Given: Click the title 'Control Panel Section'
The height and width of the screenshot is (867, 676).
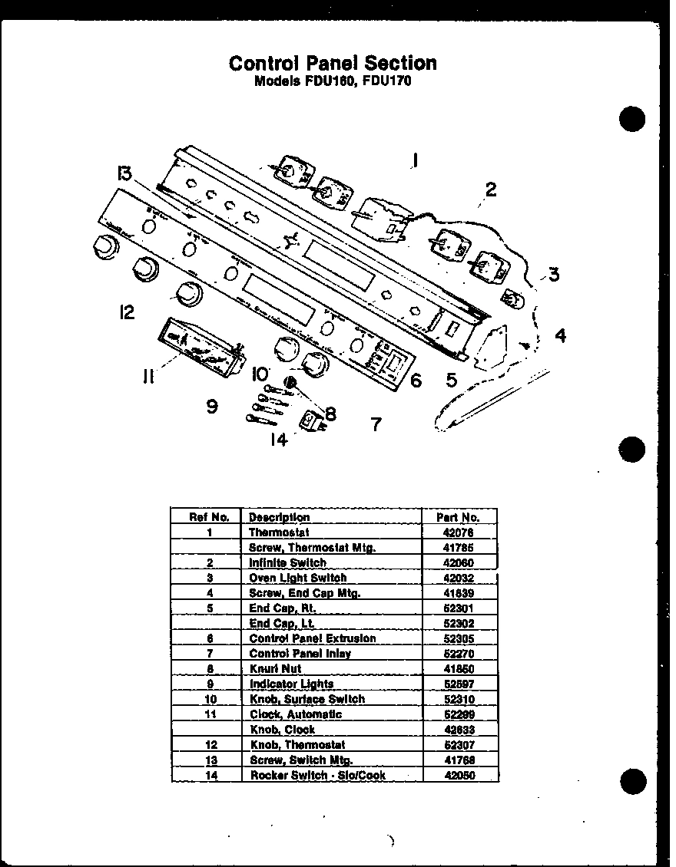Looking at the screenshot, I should point(333,63).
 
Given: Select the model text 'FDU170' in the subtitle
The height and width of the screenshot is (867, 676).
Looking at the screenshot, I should point(387,81).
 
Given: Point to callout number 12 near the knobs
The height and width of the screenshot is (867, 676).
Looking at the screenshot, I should point(127,312).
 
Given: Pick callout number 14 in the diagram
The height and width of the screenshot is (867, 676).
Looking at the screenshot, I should point(278,440).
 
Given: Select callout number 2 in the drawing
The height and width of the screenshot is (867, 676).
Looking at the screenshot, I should point(490,189).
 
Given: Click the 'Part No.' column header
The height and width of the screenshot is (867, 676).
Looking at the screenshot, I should point(458,517).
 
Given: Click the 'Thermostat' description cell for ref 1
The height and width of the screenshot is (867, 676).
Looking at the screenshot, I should point(278,532).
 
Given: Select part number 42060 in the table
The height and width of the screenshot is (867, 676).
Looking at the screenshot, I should point(458,562).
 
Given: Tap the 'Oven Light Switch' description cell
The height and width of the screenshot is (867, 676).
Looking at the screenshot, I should point(297,578).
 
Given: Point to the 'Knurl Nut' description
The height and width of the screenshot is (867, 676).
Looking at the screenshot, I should point(274,669).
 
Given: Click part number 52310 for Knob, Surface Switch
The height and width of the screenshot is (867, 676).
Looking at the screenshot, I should point(458,699).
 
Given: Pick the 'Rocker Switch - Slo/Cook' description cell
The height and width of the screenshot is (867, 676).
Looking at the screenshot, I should point(317,775).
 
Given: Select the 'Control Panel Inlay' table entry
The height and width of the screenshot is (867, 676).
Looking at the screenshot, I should point(300,654).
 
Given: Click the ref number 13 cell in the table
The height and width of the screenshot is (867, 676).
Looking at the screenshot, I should point(209,760).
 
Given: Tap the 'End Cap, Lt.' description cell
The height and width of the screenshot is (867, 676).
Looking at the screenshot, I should point(282,623).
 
